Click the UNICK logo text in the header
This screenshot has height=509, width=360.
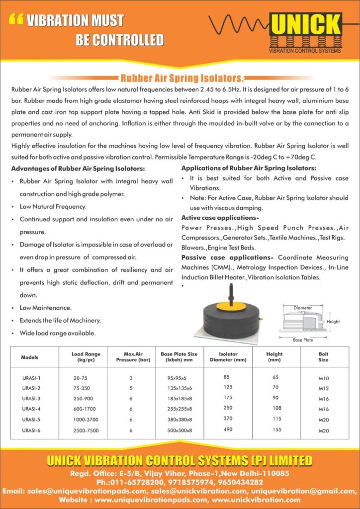[x=305, y=25]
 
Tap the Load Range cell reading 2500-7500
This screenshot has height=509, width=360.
[x=84, y=430]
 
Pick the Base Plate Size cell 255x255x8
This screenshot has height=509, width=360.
[x=180, y=409]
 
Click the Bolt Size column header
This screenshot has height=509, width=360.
[x=323, y=357]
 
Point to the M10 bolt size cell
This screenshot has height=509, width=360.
[x=324, y=378]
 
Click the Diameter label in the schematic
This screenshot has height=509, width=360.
[x=302, y=308]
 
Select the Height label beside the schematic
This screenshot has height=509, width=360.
[x=333, y=322]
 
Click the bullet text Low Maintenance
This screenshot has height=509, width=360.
[x=46, y=308]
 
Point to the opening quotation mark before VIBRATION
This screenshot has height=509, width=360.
[x=16, y=20]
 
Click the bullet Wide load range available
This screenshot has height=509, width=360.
[x=58, y=333]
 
